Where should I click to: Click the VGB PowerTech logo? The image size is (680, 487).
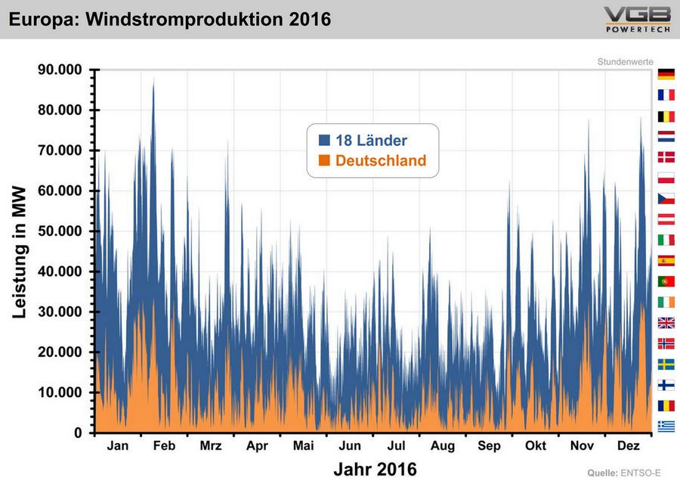pyautogui.click(x=636, y=19)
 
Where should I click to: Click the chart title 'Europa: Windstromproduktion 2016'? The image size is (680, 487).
pyautogui.click(x=170, y=19)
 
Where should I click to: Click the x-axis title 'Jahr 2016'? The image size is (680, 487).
pyautogui.click(x=375, y=469)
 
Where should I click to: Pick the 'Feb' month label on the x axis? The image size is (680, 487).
pyautogui.click(x=164, y=446)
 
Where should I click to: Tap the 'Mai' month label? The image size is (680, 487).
pyautogui.click(x=303, y=446)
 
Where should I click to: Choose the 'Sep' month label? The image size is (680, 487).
pyautogui.click(x=489, y=446)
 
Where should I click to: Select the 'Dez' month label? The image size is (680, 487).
pyautogui.click(x=629, y=446)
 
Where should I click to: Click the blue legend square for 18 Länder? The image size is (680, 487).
pyautogui.click(x=325, y=140)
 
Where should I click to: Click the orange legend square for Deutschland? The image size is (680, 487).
pyautogui.click(x=325, y=160)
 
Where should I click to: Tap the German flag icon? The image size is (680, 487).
pyautogui.click(x=666, y=74)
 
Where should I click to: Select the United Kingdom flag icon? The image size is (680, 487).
pyautogui.click(x=666, y=323)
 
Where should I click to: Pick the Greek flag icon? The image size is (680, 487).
pyautogui.click(x=666, y=426)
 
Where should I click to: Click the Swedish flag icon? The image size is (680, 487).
pyautogui.click(x=666, y=364)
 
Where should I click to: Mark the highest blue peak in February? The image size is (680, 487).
pyautogui.click(x=153, y=78)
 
